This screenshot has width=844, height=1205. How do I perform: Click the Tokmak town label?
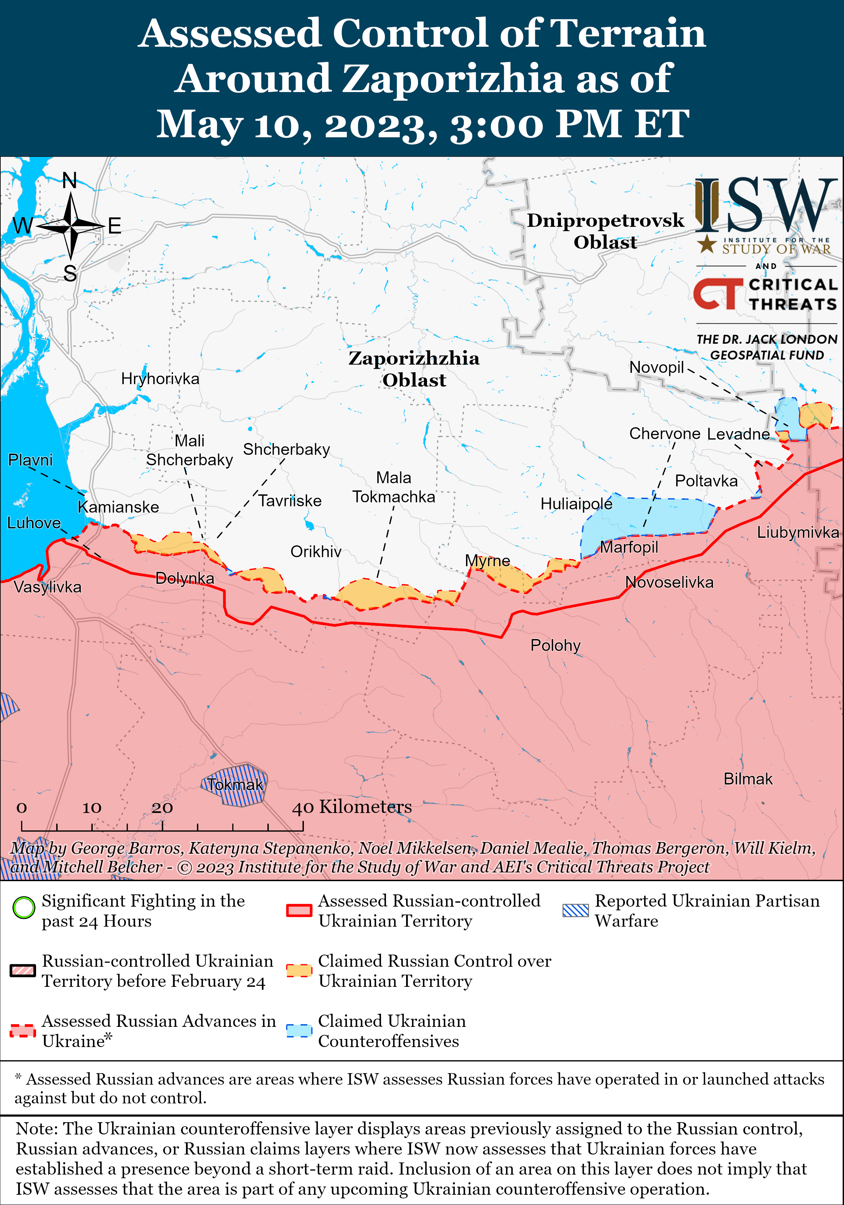[234, 784]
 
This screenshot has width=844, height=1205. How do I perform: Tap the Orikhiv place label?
[316, 552]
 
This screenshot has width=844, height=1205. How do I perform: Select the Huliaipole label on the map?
[576, 504]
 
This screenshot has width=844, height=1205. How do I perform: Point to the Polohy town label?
[555, 645]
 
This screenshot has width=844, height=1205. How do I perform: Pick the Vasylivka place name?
[47, 587]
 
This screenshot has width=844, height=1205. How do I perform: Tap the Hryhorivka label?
[160, 378]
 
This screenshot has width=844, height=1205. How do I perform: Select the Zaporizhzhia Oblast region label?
[414, 369]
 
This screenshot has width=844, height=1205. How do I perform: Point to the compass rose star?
[70, 226]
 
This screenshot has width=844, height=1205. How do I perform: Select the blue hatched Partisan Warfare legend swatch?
[576, 910]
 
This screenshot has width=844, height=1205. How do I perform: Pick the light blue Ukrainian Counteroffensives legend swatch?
[299, 1030]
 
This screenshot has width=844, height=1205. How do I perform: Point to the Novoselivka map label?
[669, 582]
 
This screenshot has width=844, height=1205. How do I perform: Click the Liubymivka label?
[797, 532]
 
